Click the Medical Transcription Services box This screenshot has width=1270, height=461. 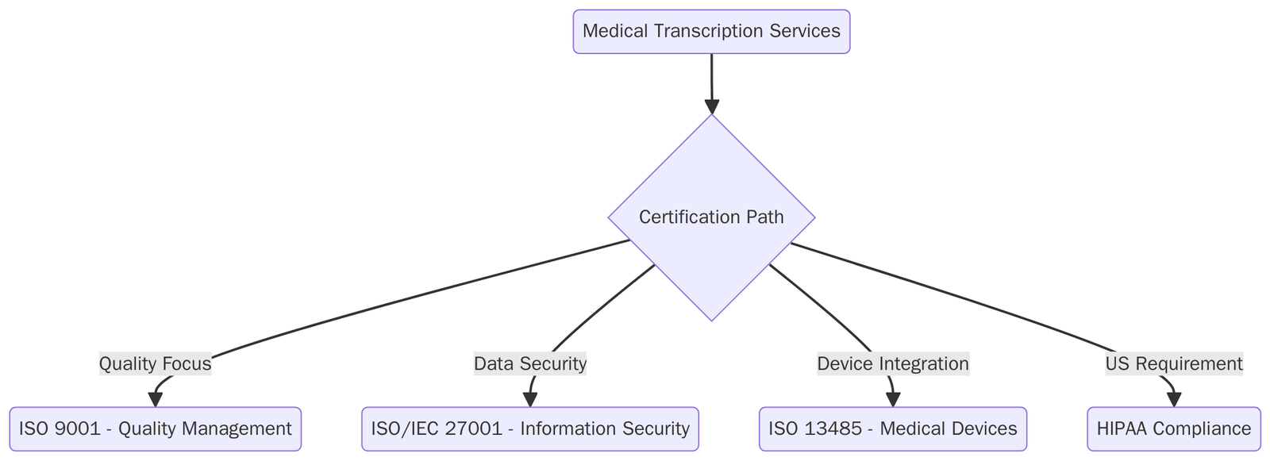coord(711,32)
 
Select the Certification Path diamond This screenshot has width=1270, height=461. coord(711,217)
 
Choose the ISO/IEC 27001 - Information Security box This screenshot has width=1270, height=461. coord(530,429)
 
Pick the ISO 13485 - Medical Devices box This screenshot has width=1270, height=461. coord(893,429)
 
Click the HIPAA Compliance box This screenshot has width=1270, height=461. coord(1173,429)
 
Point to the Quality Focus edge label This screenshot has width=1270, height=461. coord(155,364)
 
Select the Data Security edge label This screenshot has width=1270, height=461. coord(530,364)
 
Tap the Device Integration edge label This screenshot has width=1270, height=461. coord(893,364)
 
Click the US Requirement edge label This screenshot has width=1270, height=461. coord(1173,364)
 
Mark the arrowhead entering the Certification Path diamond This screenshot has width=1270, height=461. coord(712,107)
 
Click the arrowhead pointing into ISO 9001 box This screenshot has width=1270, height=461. coord(156,400)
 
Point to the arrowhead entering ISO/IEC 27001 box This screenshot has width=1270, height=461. coord(530,400)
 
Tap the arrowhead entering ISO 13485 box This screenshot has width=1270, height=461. coord(893,400)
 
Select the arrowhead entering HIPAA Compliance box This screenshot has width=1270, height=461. coord(1173,400)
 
